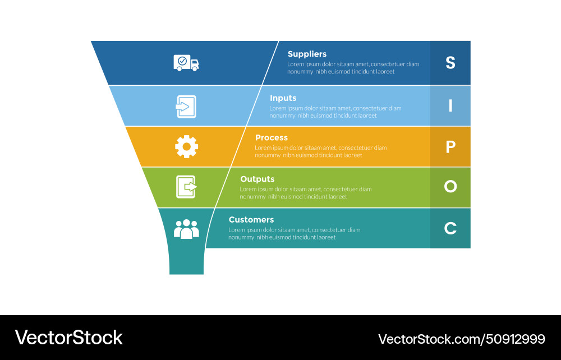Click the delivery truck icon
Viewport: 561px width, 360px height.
186,62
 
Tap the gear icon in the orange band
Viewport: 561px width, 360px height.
186,146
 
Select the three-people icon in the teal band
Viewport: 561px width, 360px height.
186,229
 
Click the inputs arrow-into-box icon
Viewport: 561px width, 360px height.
186,106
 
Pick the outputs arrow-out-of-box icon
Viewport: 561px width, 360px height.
186,187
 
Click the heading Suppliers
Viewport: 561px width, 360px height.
307,54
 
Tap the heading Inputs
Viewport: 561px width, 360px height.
283,98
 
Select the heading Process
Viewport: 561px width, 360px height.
272,138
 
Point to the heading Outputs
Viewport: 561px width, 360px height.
257,179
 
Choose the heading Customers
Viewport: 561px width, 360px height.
251,220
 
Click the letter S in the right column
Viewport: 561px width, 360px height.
450,63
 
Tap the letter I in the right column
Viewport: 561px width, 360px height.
450,105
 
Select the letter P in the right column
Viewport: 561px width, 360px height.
450,147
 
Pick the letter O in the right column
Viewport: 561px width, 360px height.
450,187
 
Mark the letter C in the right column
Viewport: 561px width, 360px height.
450,228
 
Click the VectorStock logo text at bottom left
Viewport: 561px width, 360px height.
68,338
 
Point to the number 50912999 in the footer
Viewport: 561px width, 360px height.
517,339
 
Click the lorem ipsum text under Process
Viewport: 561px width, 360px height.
320,151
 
